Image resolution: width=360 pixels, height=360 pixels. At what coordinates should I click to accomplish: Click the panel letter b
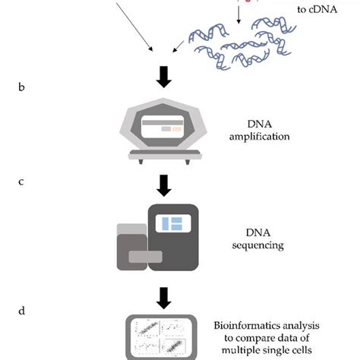coord(21,87)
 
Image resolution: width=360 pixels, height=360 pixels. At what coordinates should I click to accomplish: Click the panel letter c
coord(21,183)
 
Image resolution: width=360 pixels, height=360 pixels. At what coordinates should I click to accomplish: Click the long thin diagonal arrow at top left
coord(137,27)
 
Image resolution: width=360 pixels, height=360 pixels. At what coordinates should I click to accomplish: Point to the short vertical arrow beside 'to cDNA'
coord(238,13)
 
